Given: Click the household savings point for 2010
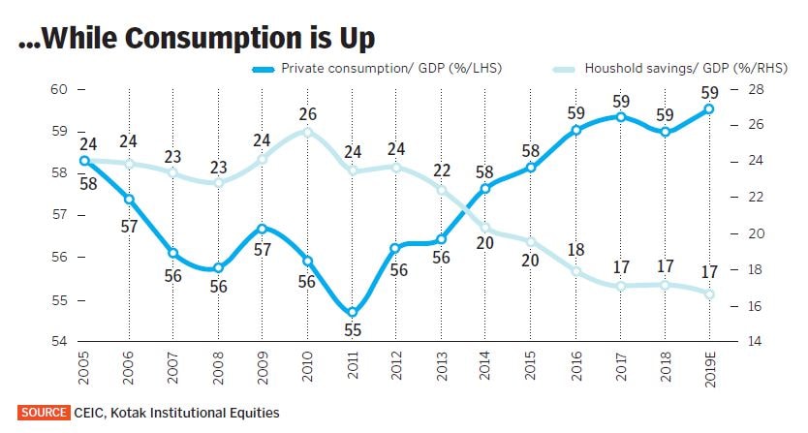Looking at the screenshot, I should click(308, 131).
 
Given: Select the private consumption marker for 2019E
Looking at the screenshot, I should click(709, 108).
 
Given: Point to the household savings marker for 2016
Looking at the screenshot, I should click(575, 271).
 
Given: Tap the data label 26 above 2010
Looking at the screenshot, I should click(308, 114).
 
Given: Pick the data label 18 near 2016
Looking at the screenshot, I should click(575, 250).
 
